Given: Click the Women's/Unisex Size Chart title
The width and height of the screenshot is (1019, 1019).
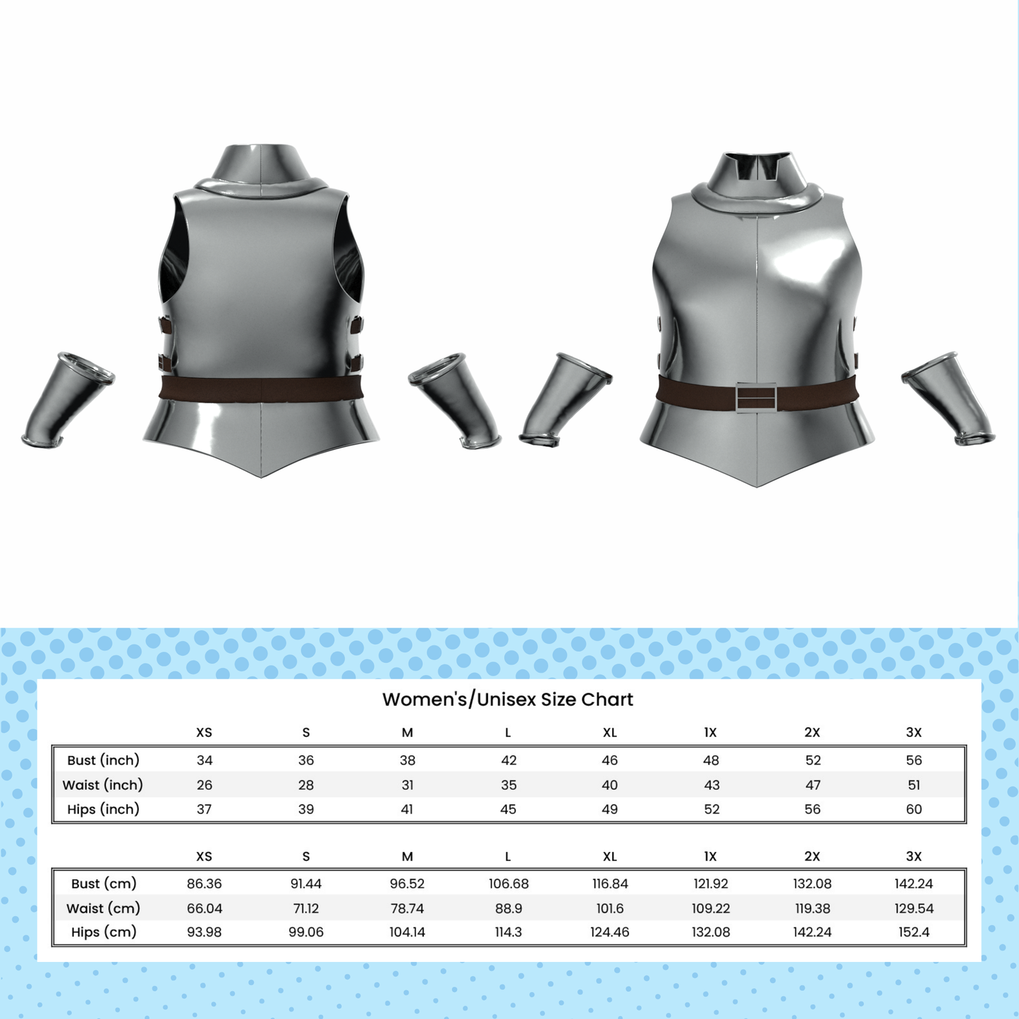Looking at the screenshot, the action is click(x=508, y=700).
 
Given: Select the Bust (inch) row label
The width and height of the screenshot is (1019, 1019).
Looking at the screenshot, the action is click(x=103, y=760).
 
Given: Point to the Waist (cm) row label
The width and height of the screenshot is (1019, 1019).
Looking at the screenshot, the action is click(x=103, y=908).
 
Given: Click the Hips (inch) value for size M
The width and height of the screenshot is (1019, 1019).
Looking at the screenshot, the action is click(x=407, y=809).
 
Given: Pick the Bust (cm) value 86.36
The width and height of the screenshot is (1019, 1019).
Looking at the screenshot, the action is click(x=204, y=884).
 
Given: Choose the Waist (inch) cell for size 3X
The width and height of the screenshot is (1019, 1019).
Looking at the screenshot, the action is click(x=914, y=785).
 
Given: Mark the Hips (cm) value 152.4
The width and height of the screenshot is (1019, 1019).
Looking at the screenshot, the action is click(x=914, y=932).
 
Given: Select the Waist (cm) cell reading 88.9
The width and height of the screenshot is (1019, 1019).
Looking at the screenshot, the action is click(x=508, y=908).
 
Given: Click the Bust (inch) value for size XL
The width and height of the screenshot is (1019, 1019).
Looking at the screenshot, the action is click(x=610, y=760).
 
